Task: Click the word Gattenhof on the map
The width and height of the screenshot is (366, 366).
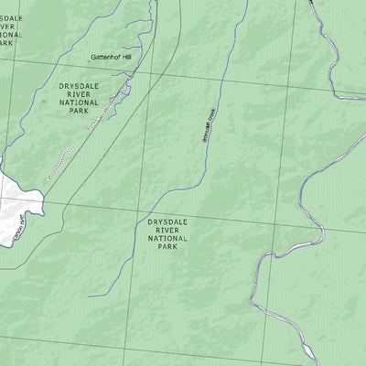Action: [103, 57]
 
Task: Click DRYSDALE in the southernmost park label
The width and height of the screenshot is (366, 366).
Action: [167, 221]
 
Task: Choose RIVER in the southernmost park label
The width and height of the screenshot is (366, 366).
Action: [167, 230]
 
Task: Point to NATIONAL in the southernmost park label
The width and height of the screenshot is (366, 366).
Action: [167, 238]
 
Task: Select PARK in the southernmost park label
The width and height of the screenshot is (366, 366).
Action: [167, 246]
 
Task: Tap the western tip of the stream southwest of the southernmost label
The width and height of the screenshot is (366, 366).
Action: [90, 296]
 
